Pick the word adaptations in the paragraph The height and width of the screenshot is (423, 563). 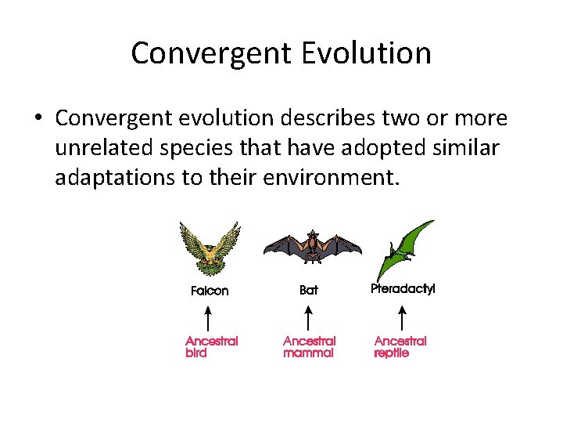114,178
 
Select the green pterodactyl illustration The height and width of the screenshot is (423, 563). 406,250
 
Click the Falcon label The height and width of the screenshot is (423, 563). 210,291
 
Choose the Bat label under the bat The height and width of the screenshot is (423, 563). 309,290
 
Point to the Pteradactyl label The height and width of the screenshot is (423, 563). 403,288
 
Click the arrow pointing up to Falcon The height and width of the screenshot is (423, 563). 207,319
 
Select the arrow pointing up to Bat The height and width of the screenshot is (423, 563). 308,319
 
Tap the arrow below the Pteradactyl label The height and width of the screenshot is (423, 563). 401,318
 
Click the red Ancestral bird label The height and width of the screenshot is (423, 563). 211,347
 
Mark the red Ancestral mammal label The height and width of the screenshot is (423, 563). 309,347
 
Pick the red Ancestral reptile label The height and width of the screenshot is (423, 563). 400,347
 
